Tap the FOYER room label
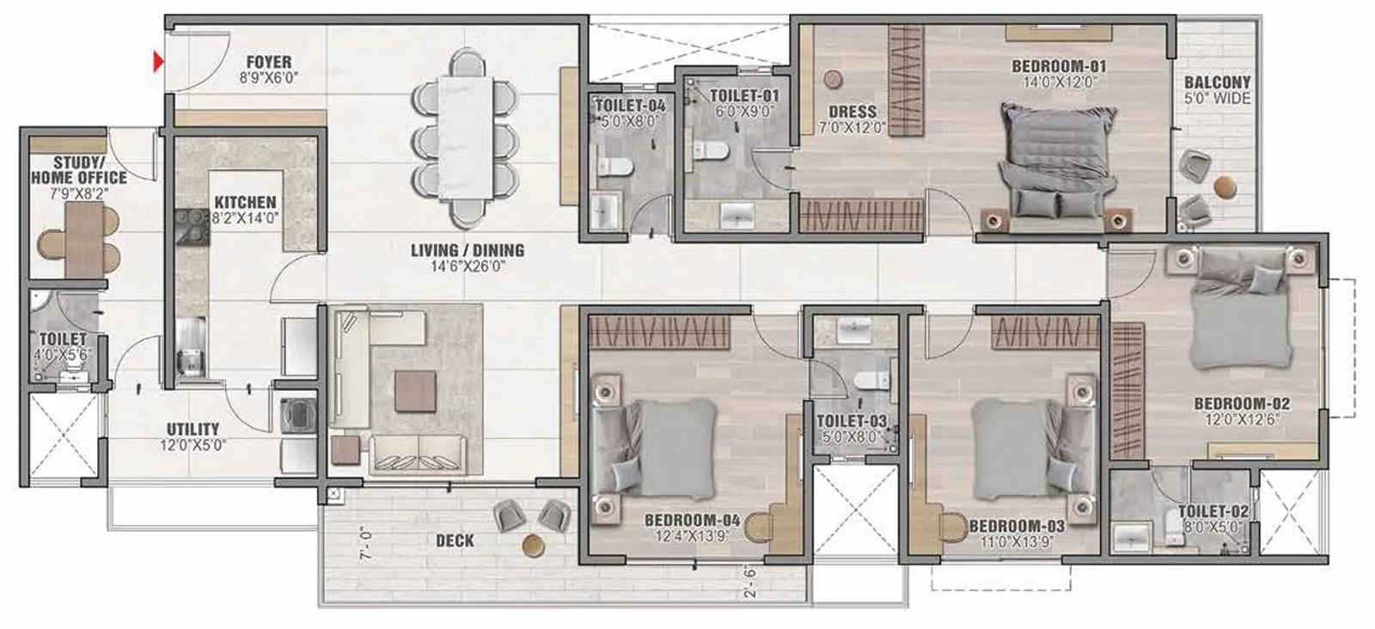[268, 63]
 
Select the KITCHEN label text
[246, 203]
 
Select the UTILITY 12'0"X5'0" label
[192, 437]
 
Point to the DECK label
[455, 540]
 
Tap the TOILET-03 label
[851, 421]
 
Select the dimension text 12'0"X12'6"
[1241, 418]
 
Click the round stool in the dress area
[832, 79]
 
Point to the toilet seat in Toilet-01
[712, 152]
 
